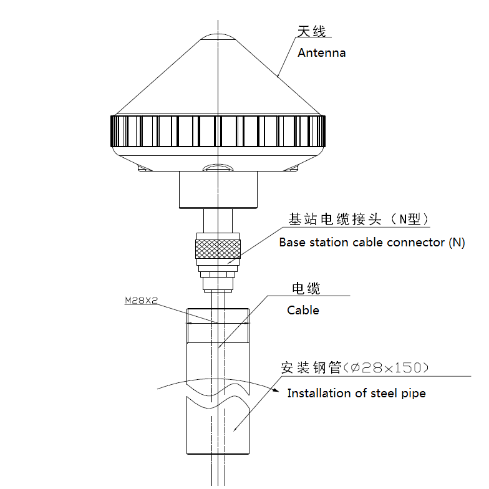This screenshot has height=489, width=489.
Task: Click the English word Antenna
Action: pos(321,53)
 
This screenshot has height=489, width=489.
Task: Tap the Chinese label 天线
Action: pos(311,31)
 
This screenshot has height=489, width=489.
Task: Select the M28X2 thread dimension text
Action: pos(142,301)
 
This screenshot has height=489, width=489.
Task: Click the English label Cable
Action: pos(303,310)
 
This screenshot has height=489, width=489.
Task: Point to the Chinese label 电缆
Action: pos(306,288)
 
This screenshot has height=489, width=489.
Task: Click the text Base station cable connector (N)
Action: pos(372,243)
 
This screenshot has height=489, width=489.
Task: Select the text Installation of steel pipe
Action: pos(356,394)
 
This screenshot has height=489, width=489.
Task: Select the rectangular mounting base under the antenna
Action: pos(218,190)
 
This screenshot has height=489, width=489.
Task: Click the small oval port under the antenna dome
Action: pos(218,167)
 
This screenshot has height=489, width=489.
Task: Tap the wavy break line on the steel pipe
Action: pos(218,399)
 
